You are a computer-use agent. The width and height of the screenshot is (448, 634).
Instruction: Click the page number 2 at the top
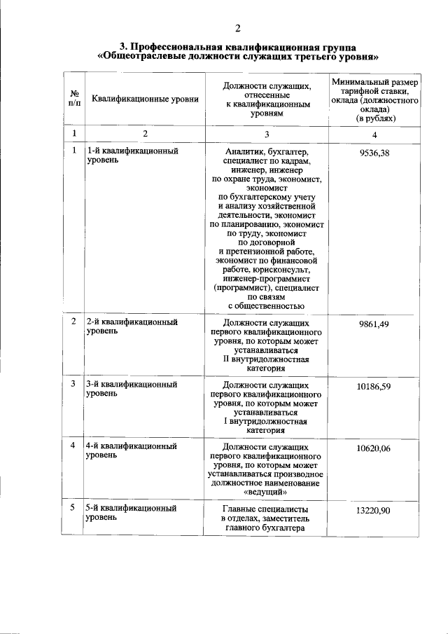237,29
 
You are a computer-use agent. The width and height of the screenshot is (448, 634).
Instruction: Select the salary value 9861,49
374,324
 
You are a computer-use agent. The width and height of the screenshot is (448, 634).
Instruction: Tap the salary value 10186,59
374,386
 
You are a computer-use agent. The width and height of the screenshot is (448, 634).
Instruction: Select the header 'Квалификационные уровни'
140,99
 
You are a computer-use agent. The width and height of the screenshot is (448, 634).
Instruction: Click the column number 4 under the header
374,135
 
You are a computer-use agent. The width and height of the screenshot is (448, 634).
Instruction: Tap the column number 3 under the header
266,134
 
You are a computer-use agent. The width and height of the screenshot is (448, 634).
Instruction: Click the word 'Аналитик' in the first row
245,151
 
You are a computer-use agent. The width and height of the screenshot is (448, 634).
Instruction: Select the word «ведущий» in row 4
266,493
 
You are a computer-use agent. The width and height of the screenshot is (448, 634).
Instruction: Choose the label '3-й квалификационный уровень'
131,390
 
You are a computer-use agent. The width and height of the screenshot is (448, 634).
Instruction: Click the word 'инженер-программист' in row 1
266,279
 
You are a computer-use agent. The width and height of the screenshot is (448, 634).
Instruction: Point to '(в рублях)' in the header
374,118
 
